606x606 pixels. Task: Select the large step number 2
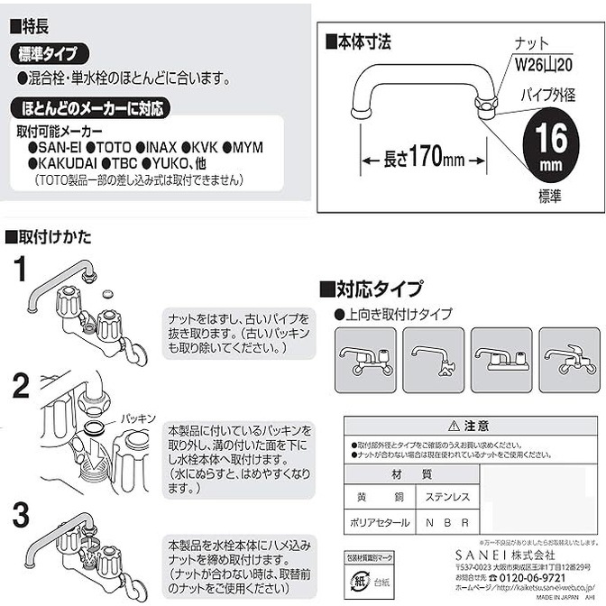(20, 387)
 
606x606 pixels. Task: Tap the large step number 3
(20, 516)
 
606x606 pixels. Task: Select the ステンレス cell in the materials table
(445, 496)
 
